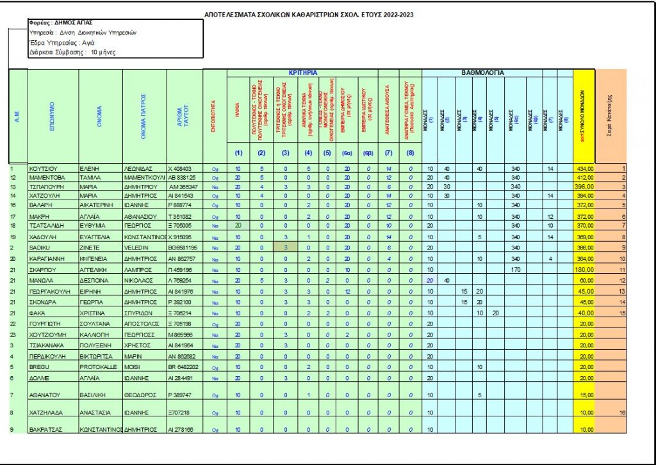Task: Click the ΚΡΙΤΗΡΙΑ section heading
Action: (x=303, y=73)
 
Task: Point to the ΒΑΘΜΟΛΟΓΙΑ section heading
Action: (x=483, y=73)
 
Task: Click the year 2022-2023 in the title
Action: (x=391, y=14)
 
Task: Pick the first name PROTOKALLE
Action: (x=97, y=367)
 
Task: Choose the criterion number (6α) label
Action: (x=346, y=152)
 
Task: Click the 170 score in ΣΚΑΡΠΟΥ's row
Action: (x=515, y=270)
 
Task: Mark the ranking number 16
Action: (x=622, y=413)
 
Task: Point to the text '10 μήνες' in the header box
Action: (x=104, y=53)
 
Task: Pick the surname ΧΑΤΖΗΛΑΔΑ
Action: (x=46, y=413)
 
